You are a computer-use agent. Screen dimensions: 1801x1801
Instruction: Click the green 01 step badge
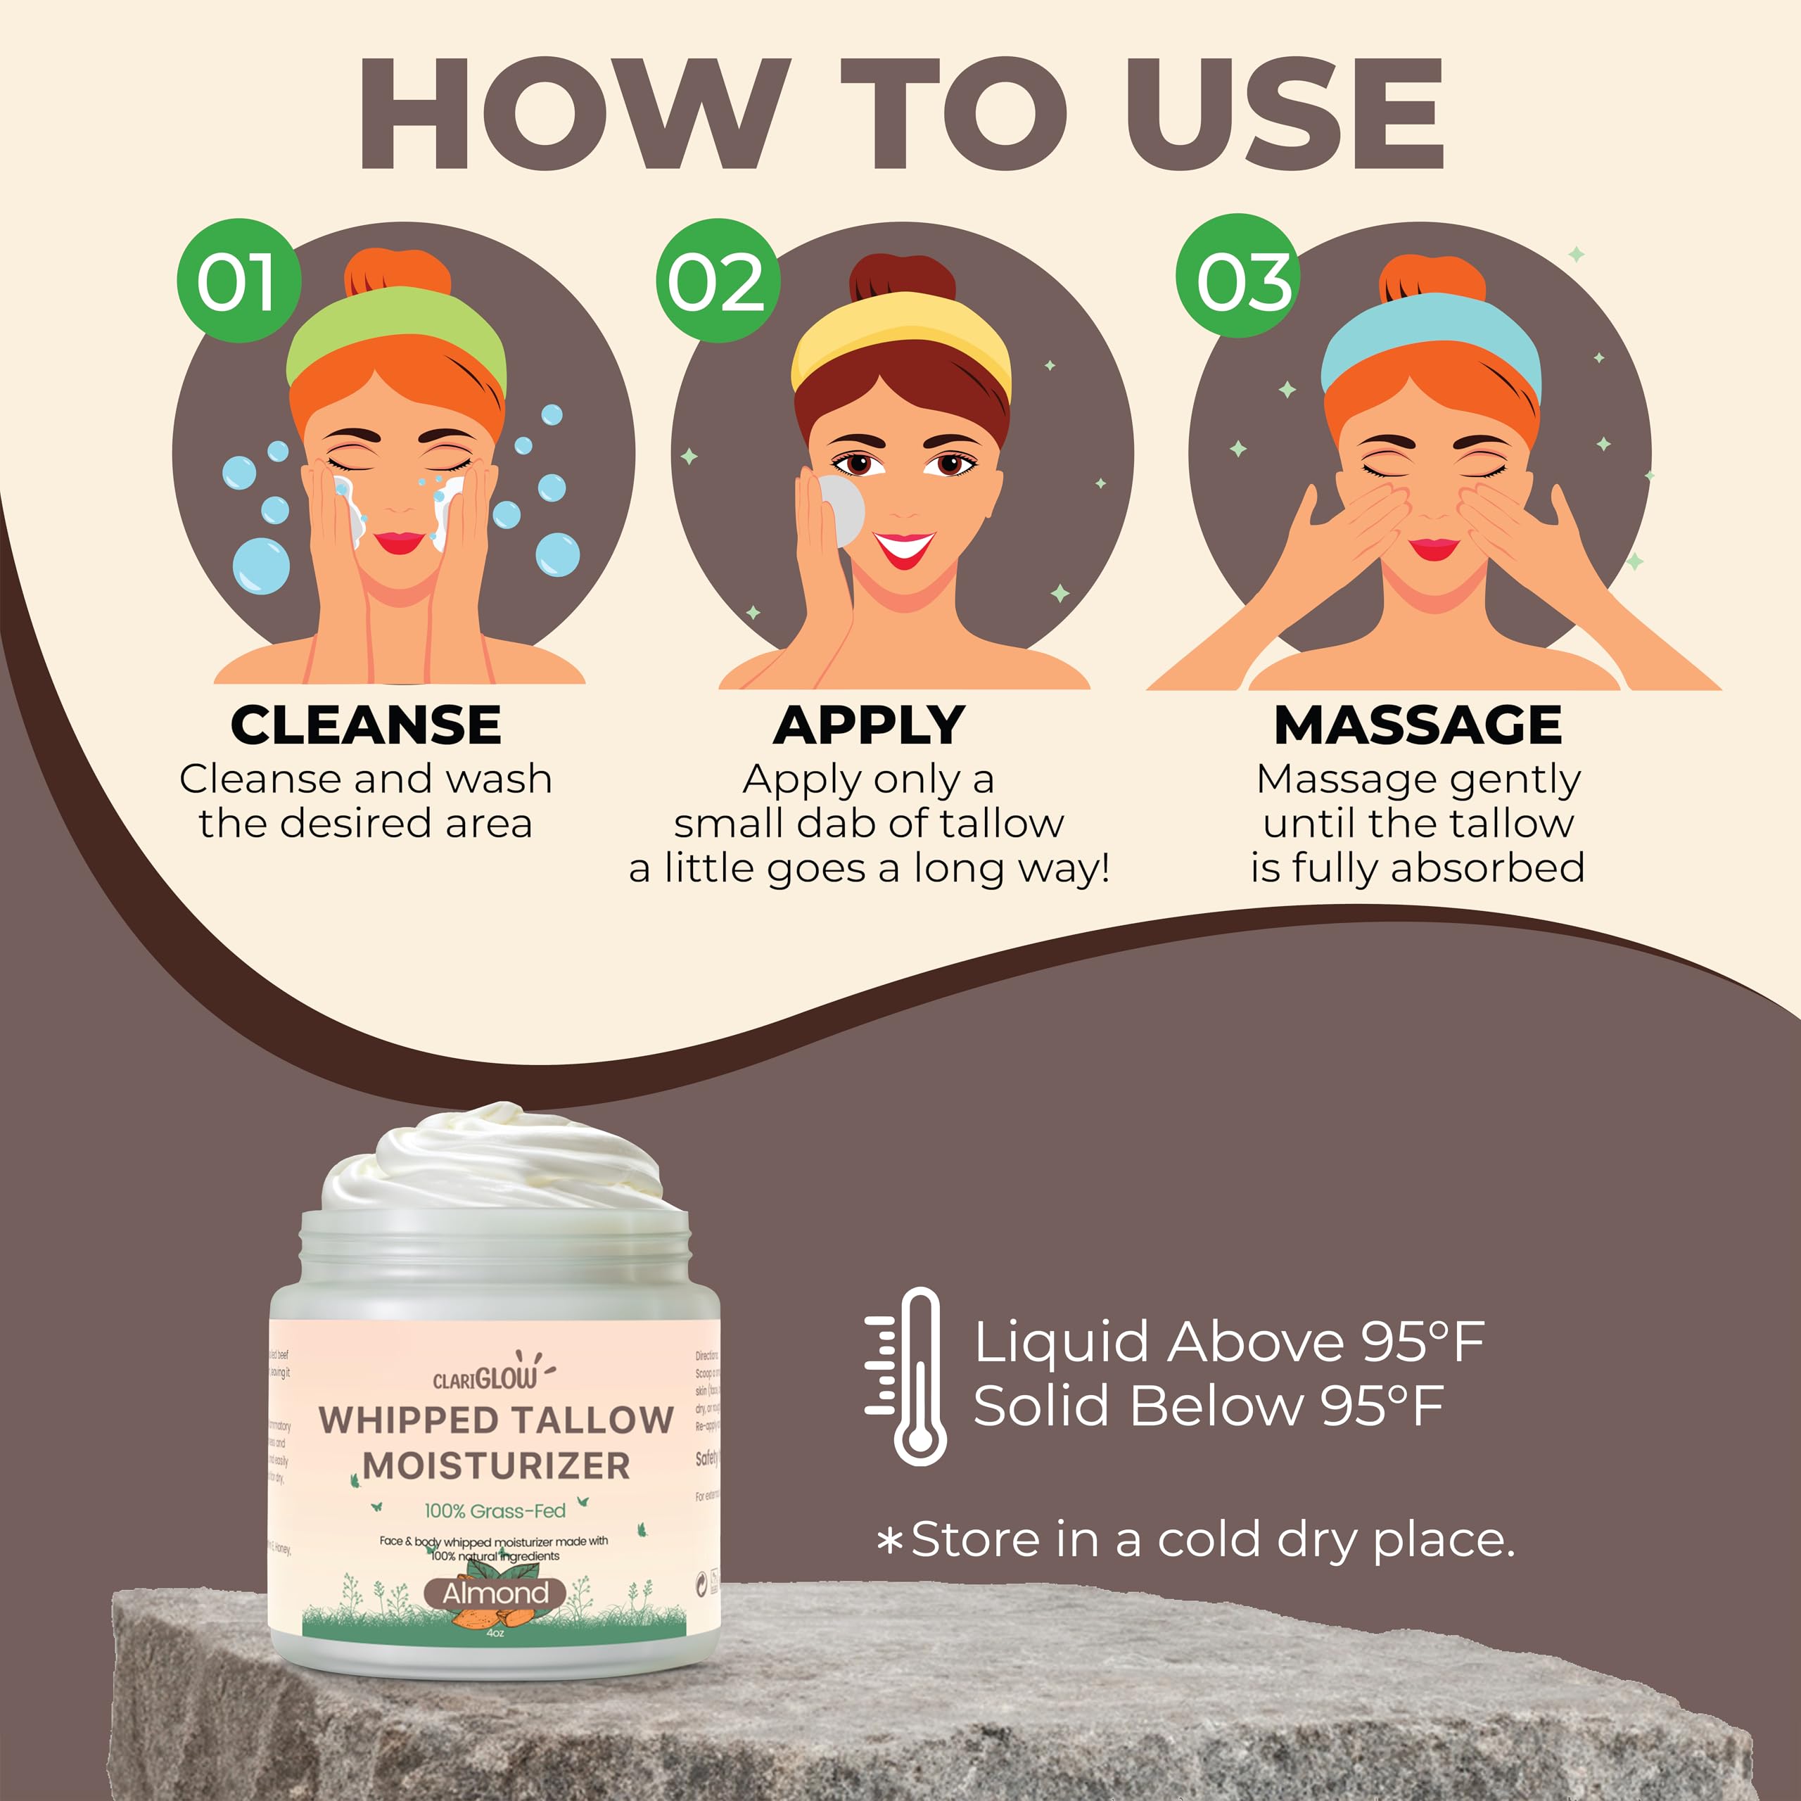point(238,281)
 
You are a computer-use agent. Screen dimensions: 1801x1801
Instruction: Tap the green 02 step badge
point(716,281)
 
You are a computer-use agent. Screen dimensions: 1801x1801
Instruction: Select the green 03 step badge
point(1237,278)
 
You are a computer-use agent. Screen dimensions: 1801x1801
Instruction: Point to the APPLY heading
point(869,725)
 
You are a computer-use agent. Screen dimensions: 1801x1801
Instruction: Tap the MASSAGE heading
point(1417,725)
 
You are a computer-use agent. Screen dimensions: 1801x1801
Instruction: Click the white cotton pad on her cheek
point(842,508)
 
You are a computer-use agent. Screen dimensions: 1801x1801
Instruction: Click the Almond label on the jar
point(495,1593)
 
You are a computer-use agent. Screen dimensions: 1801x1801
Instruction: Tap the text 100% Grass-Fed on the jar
point(495,1511)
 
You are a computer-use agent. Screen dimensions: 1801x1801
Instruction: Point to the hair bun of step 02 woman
point(901,277)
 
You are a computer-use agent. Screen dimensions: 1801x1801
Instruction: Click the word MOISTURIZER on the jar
point(496,1465)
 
